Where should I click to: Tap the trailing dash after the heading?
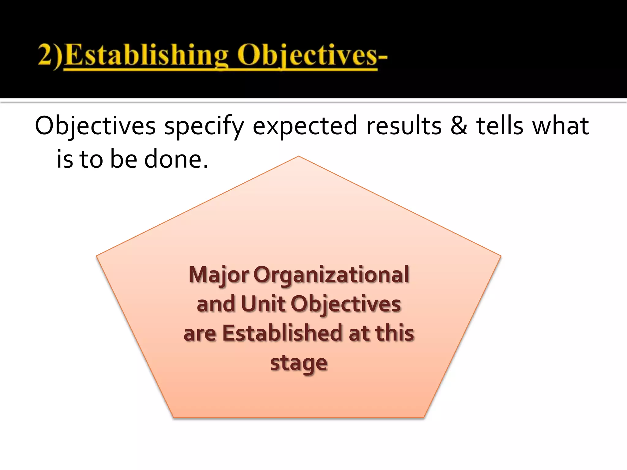click(383, 57)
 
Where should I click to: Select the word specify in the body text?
click(204, 126)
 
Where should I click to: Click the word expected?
click(305, 126)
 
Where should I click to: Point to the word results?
click(404, 126)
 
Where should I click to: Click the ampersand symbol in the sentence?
click(459, 126)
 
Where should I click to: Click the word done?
click(176, 159)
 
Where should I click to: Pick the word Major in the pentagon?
click(219, 275)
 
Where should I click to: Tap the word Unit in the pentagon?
click(263, 304)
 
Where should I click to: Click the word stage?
click(299, 363)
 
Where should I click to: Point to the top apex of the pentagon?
click(298, 157)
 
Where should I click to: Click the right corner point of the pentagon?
click(500, 256)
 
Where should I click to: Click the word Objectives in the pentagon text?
click(346, 304)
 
